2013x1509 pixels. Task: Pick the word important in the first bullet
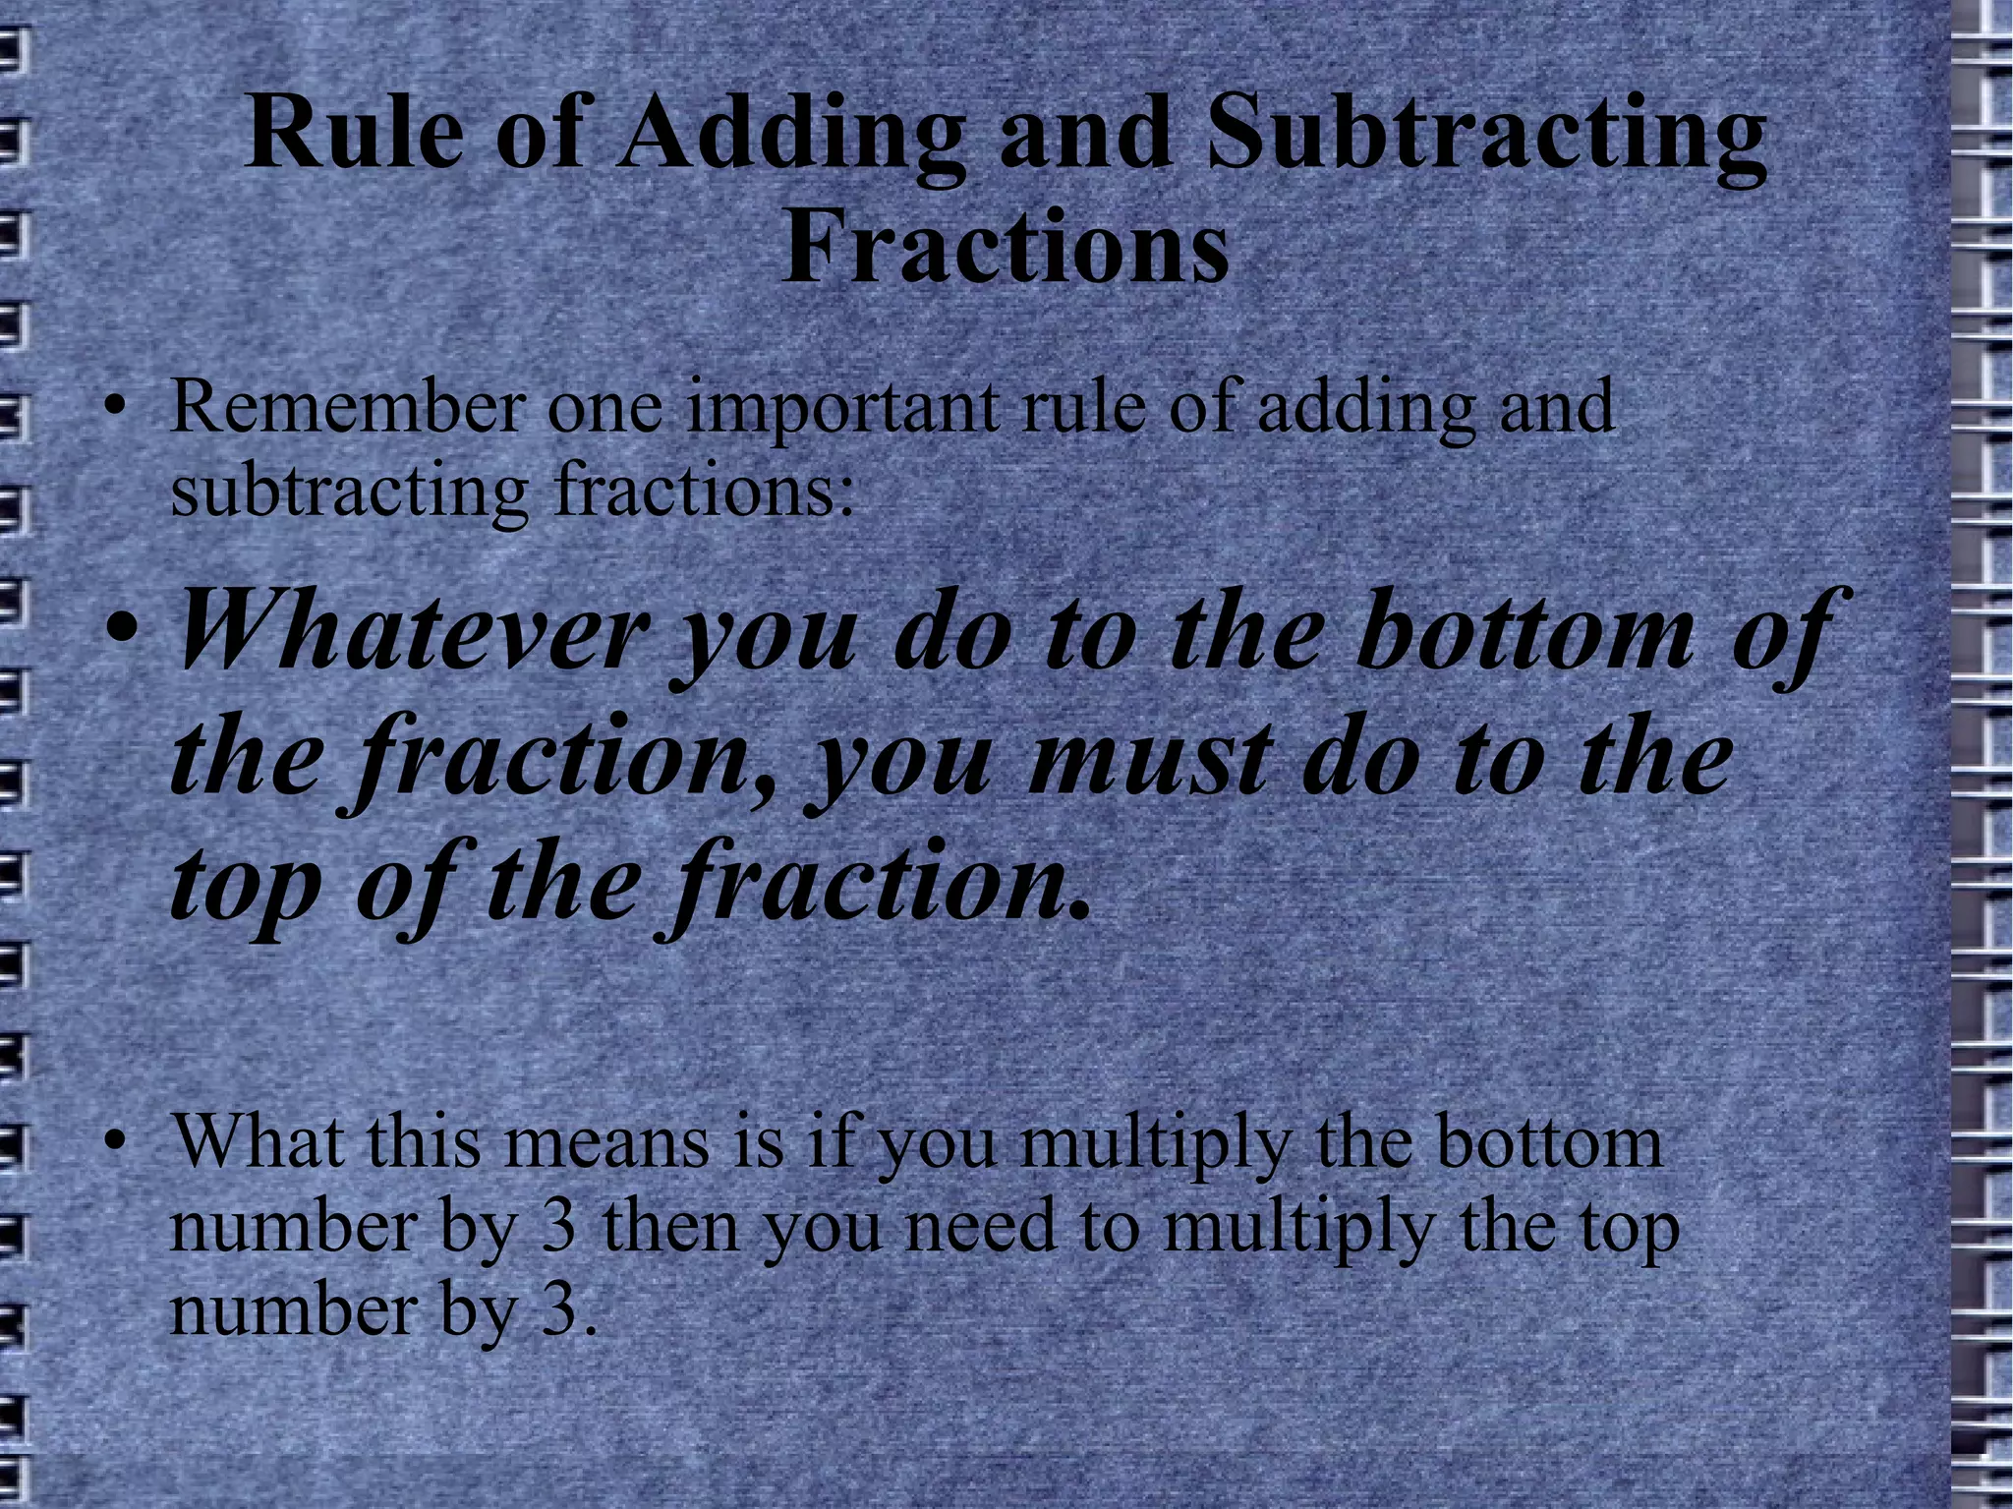[x=841, y=408]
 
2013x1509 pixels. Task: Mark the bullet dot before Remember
[x=117, y=408]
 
